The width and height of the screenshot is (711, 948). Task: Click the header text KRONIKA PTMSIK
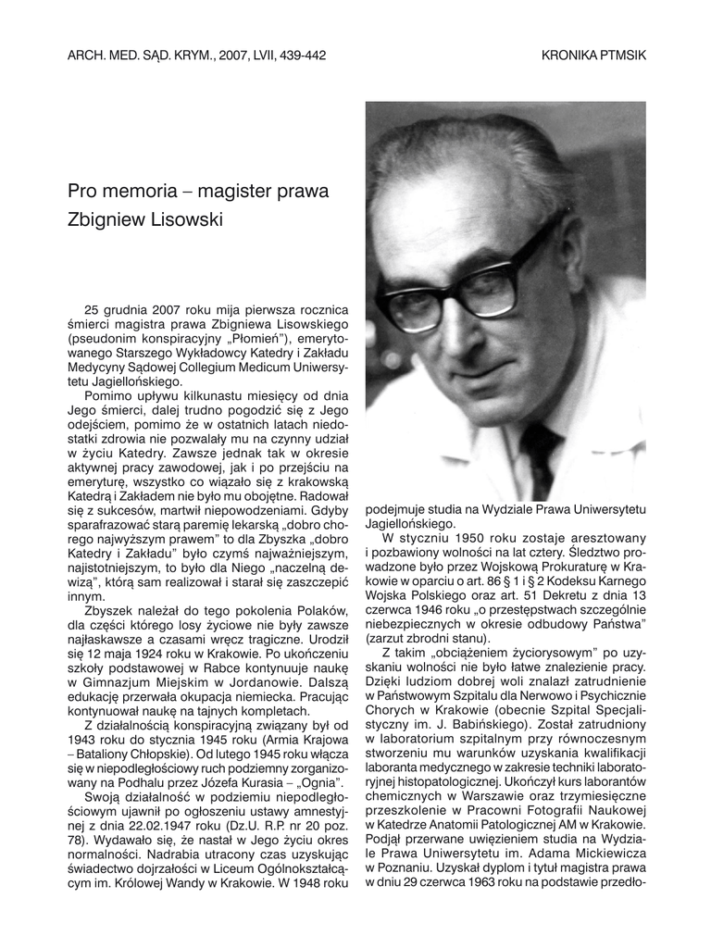point(593,56)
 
